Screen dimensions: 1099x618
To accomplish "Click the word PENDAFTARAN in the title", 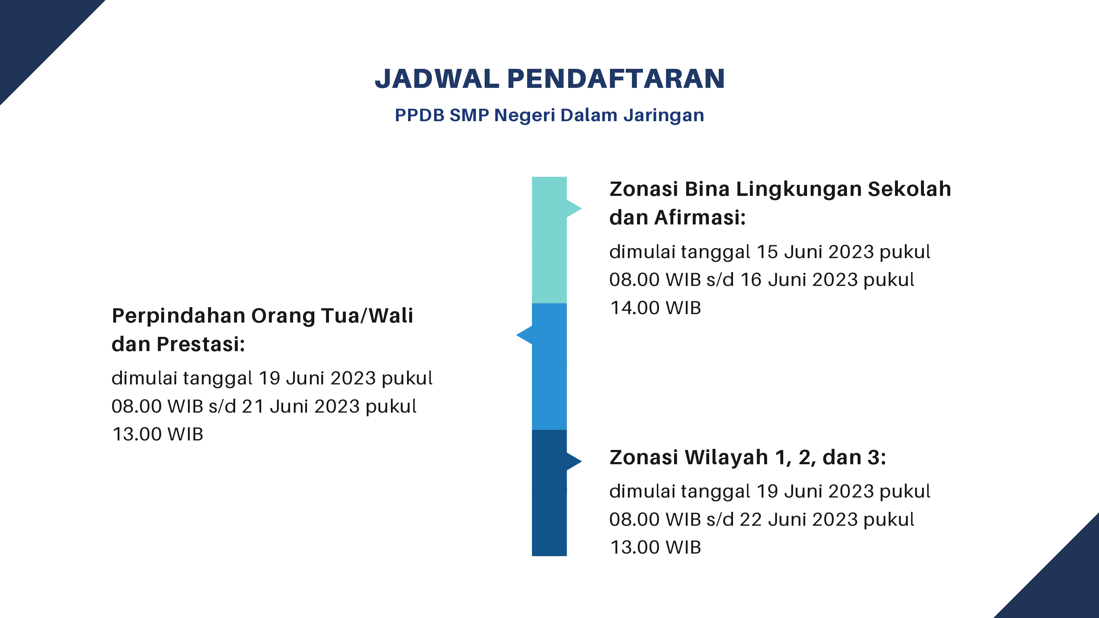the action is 616,79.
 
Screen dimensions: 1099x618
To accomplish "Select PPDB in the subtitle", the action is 419,115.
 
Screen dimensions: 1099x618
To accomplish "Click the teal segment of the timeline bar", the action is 549,240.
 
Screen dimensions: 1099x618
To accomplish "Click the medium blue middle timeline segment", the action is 549,366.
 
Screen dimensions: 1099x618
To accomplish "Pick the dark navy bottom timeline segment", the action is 549,493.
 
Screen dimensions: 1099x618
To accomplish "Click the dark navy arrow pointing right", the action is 574,461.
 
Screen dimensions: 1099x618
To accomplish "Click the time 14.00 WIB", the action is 656,308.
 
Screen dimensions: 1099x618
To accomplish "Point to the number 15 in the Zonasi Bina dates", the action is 767,252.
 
